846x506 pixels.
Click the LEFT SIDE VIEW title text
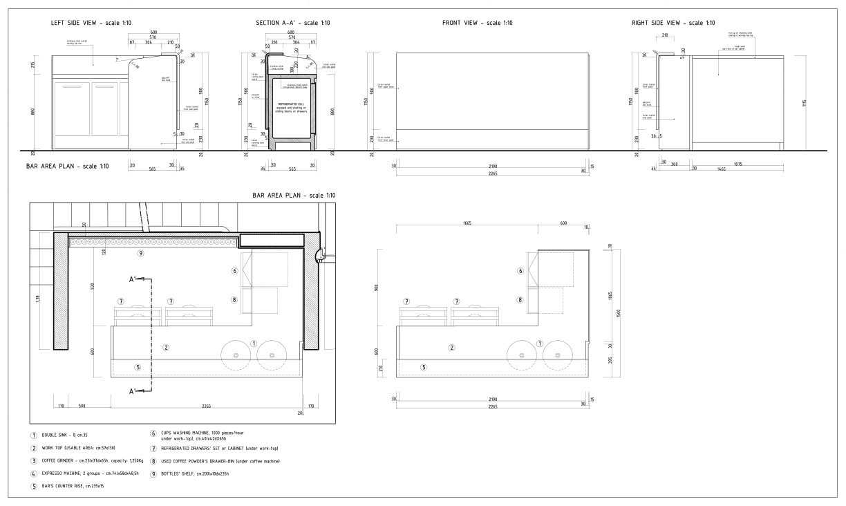(x=92, y=23)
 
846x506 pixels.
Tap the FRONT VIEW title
(x=478, y=23)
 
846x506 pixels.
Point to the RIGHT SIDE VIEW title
(x=673, y=23)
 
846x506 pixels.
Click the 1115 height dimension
(x=805, y=103)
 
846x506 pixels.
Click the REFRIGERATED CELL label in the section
(x=291, y=104)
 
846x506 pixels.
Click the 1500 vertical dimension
(x=619, y=312)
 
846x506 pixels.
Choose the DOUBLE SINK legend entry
(x=63, y=435)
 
